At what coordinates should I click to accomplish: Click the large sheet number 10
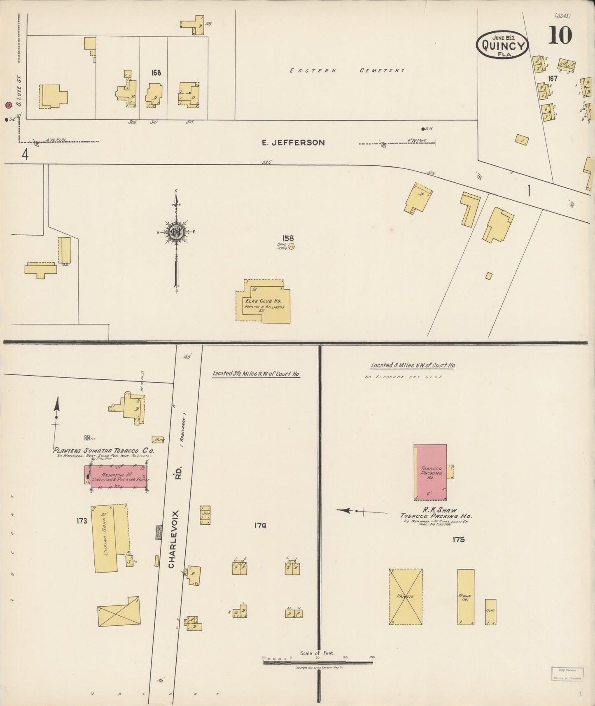click(560, 35)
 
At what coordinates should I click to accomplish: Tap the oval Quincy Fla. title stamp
click(502, 45)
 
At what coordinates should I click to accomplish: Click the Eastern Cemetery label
click(347, 70)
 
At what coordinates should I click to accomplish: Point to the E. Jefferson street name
click(293, 143)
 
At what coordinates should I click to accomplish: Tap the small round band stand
click(292, 247)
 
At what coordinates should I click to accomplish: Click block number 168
click(156, 73)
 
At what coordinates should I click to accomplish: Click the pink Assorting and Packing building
click(117, 477)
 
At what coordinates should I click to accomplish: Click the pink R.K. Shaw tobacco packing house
click(430, 472)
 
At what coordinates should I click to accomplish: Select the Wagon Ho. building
click(466, 597)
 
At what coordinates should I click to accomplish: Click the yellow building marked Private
click(405, 596)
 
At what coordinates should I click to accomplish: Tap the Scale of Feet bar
click(317, 662)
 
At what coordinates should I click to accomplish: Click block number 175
click(458, 539)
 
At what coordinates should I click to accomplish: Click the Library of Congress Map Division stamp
click(567, 673)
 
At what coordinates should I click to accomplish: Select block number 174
click(260, 525)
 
